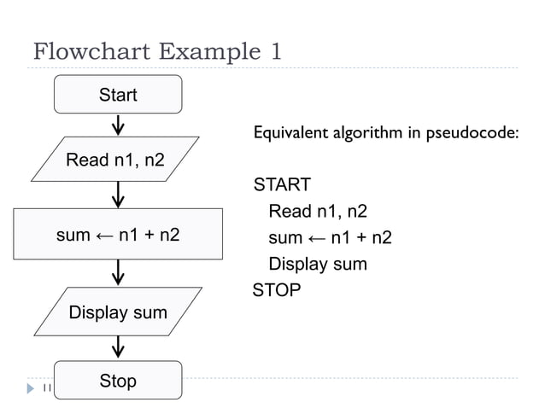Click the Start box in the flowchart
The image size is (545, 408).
point(118,94)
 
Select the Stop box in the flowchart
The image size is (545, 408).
point(118,380)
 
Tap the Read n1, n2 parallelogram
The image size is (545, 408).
point(116,159)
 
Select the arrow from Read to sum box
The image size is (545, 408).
point(118,196)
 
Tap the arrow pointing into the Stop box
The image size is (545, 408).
point(118,346)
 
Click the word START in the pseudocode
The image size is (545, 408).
point(281,185)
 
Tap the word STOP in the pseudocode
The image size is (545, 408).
point(277,290)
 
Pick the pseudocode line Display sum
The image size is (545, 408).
point(317,264)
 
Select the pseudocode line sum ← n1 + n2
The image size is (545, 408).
point(330,237)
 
